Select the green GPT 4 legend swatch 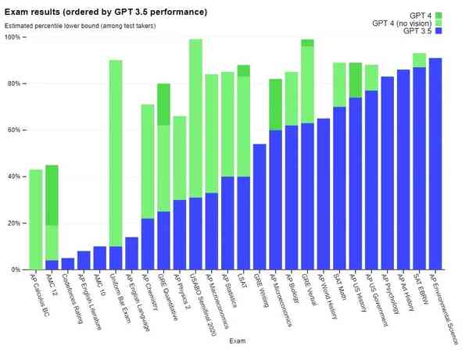pyautogui.click(x=439, y=16)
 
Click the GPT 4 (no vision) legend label pyautogui.click(x=403, y=23)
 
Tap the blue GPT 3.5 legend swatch pyautogui.click(x=439, y=31)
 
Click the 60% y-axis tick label pyautogui.click(x=16, y=130)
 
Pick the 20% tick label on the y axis pyautogui.click(x=16, y=223)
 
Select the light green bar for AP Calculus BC pyautogui.click(x=36, y=219)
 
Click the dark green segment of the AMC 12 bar pyautogui.click(x=52, y=195)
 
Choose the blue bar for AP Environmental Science pyautogui.click(x=435, y=164)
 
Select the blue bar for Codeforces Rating pyautogui.click(x=68, y=264)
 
